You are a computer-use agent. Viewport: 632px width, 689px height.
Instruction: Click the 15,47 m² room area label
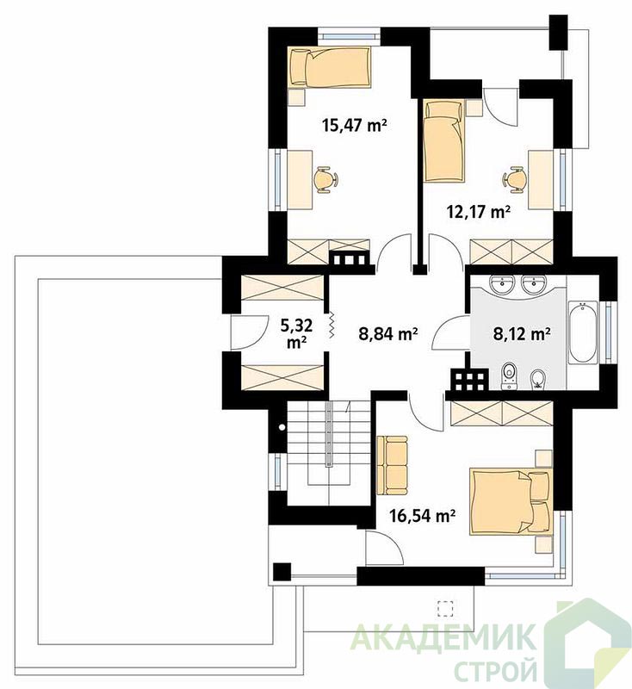[354, 125]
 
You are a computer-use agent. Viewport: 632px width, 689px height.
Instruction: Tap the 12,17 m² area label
[478, 212]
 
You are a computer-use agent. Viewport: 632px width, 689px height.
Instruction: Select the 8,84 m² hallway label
[387, 334]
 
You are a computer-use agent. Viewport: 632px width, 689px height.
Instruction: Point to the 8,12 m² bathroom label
[522, 334]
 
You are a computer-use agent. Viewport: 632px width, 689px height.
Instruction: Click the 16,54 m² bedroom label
[422, 515]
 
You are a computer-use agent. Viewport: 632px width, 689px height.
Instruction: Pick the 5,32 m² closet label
[296, 333]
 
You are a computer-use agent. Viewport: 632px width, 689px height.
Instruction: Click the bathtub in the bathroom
[583, 332]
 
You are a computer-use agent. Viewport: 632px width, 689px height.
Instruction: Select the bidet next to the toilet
[537, 379]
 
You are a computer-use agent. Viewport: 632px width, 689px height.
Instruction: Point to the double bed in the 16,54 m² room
[511, 501]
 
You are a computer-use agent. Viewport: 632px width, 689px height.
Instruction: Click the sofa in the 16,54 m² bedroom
[392, 464]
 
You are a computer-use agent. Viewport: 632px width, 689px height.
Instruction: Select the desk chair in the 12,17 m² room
[514, 179]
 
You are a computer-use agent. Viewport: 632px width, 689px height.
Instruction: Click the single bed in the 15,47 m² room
[331, 66]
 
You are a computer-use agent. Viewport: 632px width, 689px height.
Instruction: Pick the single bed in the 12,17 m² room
[443, 140]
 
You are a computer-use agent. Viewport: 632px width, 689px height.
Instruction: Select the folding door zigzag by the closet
[331, 326]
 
